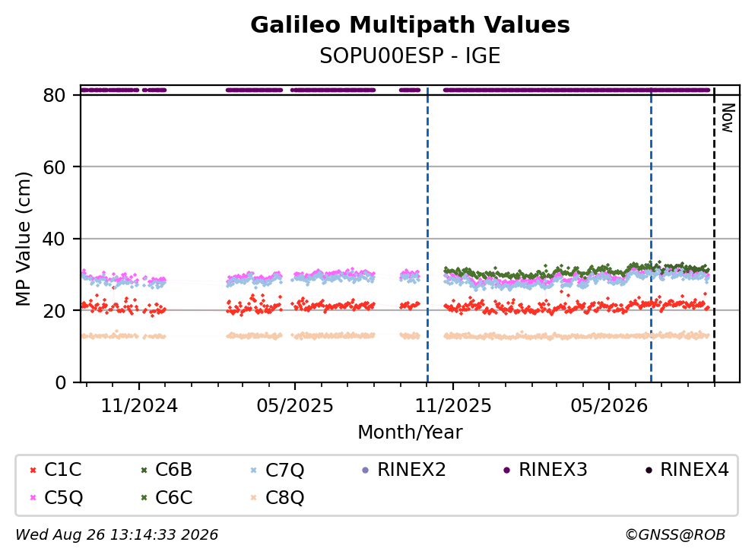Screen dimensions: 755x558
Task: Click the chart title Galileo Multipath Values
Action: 410,25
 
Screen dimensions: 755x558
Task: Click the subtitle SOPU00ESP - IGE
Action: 410,55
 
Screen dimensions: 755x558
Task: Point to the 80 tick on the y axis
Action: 54,95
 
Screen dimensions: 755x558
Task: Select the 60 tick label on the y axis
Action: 54,167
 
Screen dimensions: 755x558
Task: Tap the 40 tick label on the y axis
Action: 54,239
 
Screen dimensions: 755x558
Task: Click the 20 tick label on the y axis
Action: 54,310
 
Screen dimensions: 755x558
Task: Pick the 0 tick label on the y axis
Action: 60,382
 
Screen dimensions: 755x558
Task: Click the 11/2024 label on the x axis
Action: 139,406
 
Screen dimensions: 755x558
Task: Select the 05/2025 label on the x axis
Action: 295,406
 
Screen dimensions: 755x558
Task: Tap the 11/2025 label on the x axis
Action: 453,406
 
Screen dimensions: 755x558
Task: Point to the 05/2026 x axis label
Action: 609,406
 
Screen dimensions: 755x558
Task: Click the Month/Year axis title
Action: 410,433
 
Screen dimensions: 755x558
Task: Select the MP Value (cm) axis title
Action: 23,239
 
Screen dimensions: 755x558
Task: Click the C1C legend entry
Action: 56,469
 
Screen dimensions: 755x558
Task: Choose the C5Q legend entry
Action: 56,497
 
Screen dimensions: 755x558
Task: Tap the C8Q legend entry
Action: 278,497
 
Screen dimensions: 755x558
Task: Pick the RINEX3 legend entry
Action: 545,469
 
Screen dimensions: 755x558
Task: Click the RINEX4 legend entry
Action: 687,469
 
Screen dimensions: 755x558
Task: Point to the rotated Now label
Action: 728,118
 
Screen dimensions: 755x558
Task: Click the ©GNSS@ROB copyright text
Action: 675,535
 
